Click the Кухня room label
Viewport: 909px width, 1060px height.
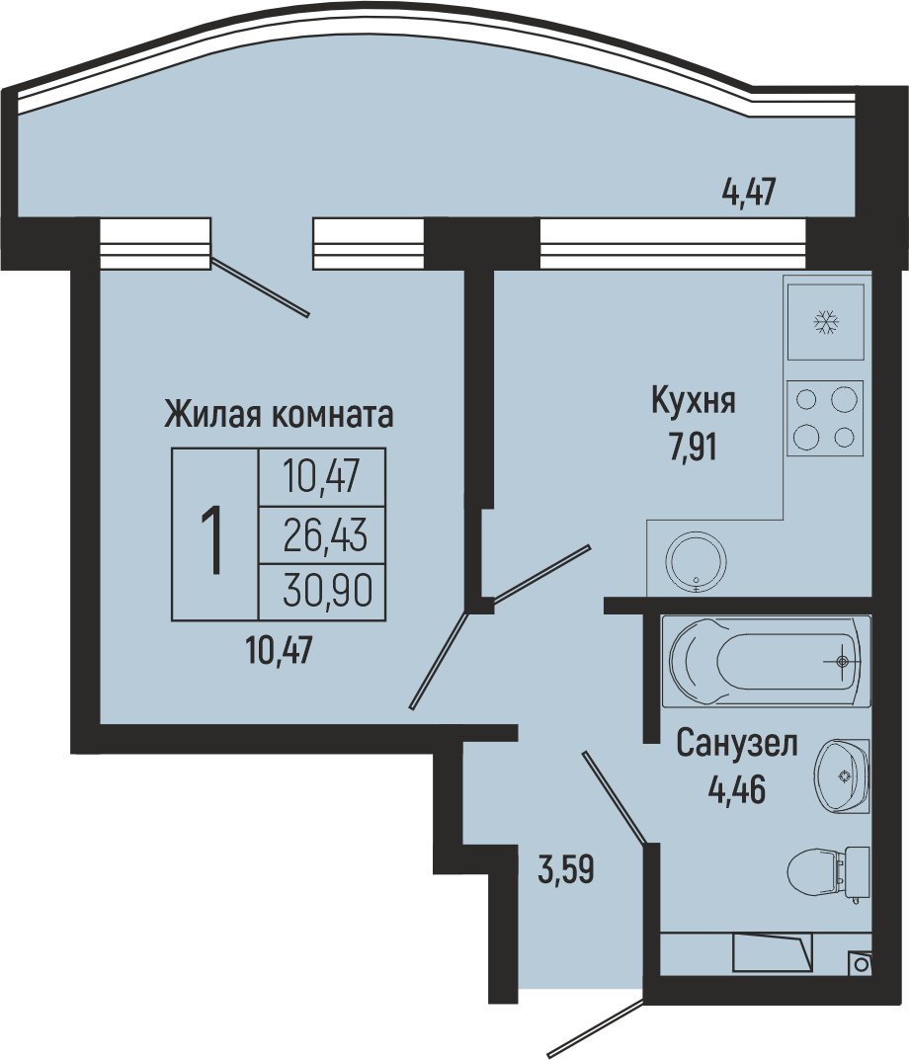pos(694,401)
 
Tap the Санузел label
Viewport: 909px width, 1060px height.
pos(737,744)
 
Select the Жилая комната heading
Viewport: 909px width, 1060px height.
pos(279,414)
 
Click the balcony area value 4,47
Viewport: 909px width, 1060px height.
pos(749,193)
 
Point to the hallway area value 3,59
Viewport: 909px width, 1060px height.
pos(566,870)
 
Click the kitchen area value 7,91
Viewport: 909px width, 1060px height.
pos(694,447)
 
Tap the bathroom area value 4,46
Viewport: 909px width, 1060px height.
pos(736,789)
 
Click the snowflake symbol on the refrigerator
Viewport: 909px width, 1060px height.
pos(825,322)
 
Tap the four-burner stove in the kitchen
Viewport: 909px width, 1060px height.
pos(825,417)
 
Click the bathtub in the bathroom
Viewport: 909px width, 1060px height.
pos(766,661)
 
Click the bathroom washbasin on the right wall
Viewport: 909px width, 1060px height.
pos(842,775)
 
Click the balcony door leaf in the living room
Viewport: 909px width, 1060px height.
pos(260,286)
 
